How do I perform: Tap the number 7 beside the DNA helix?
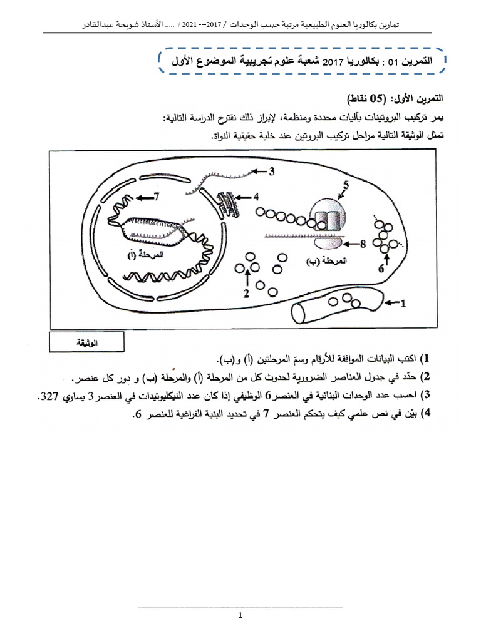tap(157, 197)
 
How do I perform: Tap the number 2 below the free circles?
tap(247, 292)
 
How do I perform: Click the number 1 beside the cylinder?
tap(404, 304)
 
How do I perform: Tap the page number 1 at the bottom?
tap(240, 616)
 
